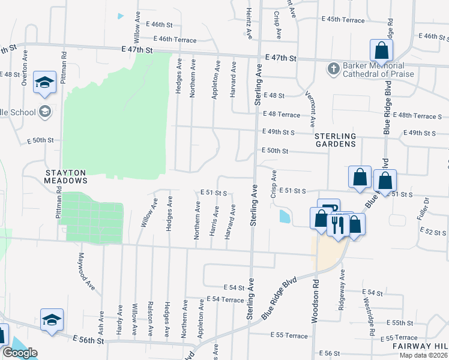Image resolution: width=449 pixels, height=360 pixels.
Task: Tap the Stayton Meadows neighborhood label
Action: pos(66,175)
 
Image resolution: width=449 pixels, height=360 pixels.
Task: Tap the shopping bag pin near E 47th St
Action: pos(381,50)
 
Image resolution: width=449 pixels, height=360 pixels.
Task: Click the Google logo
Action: pos(20,353)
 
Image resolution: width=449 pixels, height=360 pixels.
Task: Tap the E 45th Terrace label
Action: pos(343,20)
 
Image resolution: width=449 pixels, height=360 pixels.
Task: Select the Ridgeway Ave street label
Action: pos(342,286)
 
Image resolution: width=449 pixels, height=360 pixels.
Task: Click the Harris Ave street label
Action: pos(214,221)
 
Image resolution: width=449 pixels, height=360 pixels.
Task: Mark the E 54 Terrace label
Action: pos(225,299)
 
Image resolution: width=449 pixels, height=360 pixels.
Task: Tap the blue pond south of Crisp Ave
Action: pos(283,215)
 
